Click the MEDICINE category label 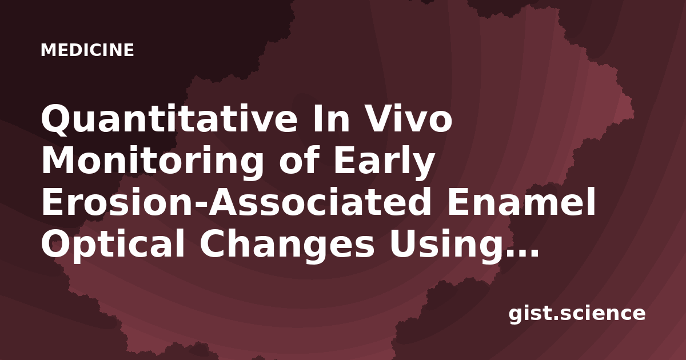[x=87, y=50]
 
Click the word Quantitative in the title [x=169, y=119]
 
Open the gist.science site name [x=577, y=314]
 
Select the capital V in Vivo [x=379, y=118]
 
